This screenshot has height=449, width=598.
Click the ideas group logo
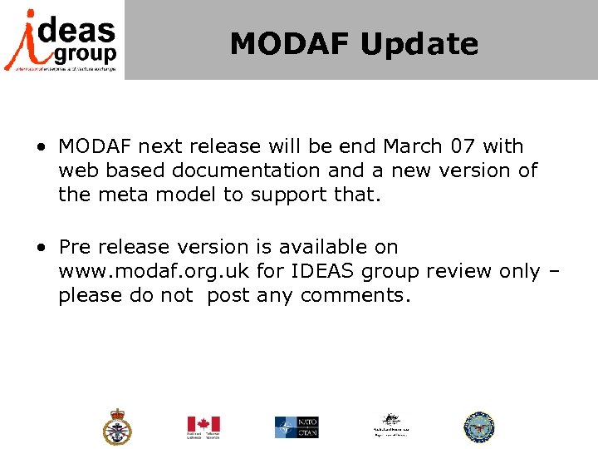(61, 39)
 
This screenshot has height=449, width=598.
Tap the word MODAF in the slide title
(290, 43)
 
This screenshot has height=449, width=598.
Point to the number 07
(464, 146)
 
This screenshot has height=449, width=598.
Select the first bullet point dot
(41, 148)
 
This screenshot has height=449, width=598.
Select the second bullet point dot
(41, 248)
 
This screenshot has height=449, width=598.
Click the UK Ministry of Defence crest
(117, 427)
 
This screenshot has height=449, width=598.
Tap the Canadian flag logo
(202, 427)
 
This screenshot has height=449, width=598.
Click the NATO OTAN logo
(297, 427)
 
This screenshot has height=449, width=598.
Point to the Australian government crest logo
(391, 426)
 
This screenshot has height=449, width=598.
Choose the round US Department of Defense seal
(478, 427)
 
